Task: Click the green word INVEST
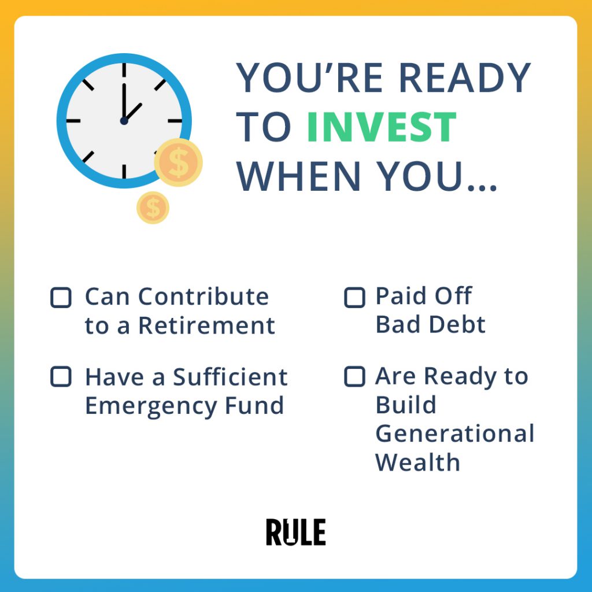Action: tap(382, 127)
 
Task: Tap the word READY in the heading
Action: tap(464, 77)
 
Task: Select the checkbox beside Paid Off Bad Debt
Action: tap(354, 298)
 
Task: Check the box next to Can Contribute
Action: tap(61, 298)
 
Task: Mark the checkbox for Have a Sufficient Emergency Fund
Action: tap(61, 376)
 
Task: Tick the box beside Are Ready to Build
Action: tap(354, 376)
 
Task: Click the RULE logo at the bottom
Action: tap(295, 532)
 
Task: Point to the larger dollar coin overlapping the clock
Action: tap(178, 162)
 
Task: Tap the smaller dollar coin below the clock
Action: tap(153, 208)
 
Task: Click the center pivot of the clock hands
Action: tap(124, 121)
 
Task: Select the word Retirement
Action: tap(206, 325)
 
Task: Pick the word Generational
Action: tap(455, 434)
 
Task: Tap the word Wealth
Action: tap(417, 462)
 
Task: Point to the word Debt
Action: tap(457, 325)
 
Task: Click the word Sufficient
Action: tap(230, 377)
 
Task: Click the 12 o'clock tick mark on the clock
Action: tap(124, 69)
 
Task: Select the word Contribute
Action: tap(203, 297)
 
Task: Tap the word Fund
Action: tap(254, 405)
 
